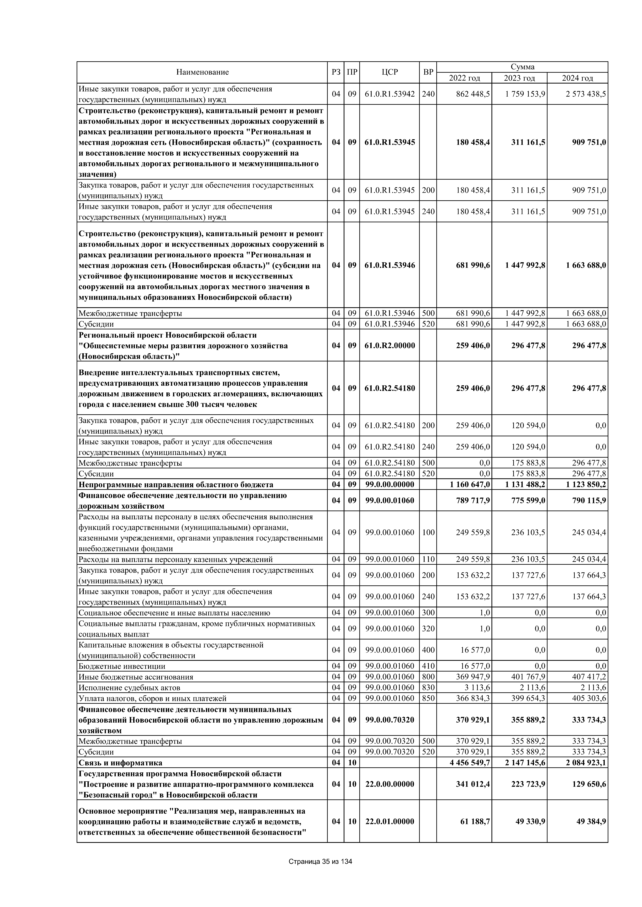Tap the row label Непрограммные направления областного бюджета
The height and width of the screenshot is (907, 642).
(x=176, y=485)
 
